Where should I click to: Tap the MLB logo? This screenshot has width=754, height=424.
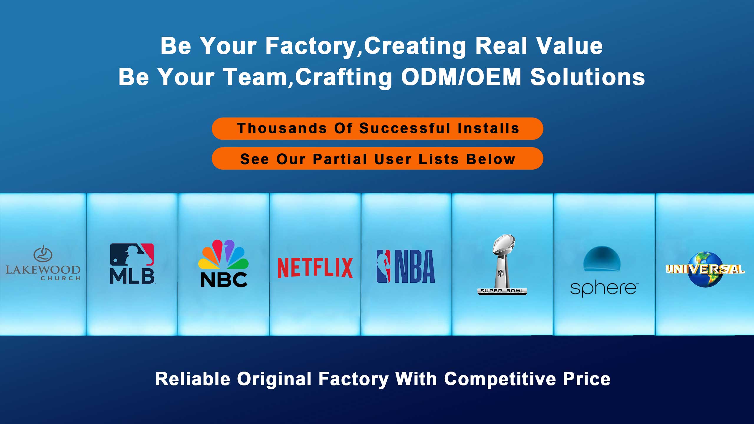(132, 264)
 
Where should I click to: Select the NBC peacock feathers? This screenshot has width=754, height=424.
(223, 255)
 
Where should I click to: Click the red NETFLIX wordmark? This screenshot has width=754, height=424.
(315, 268)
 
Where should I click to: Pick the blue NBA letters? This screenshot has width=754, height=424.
(415, 266)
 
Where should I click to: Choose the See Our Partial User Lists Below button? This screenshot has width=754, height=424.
(377, 159)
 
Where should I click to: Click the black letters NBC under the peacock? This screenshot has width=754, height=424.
(224, 280)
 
